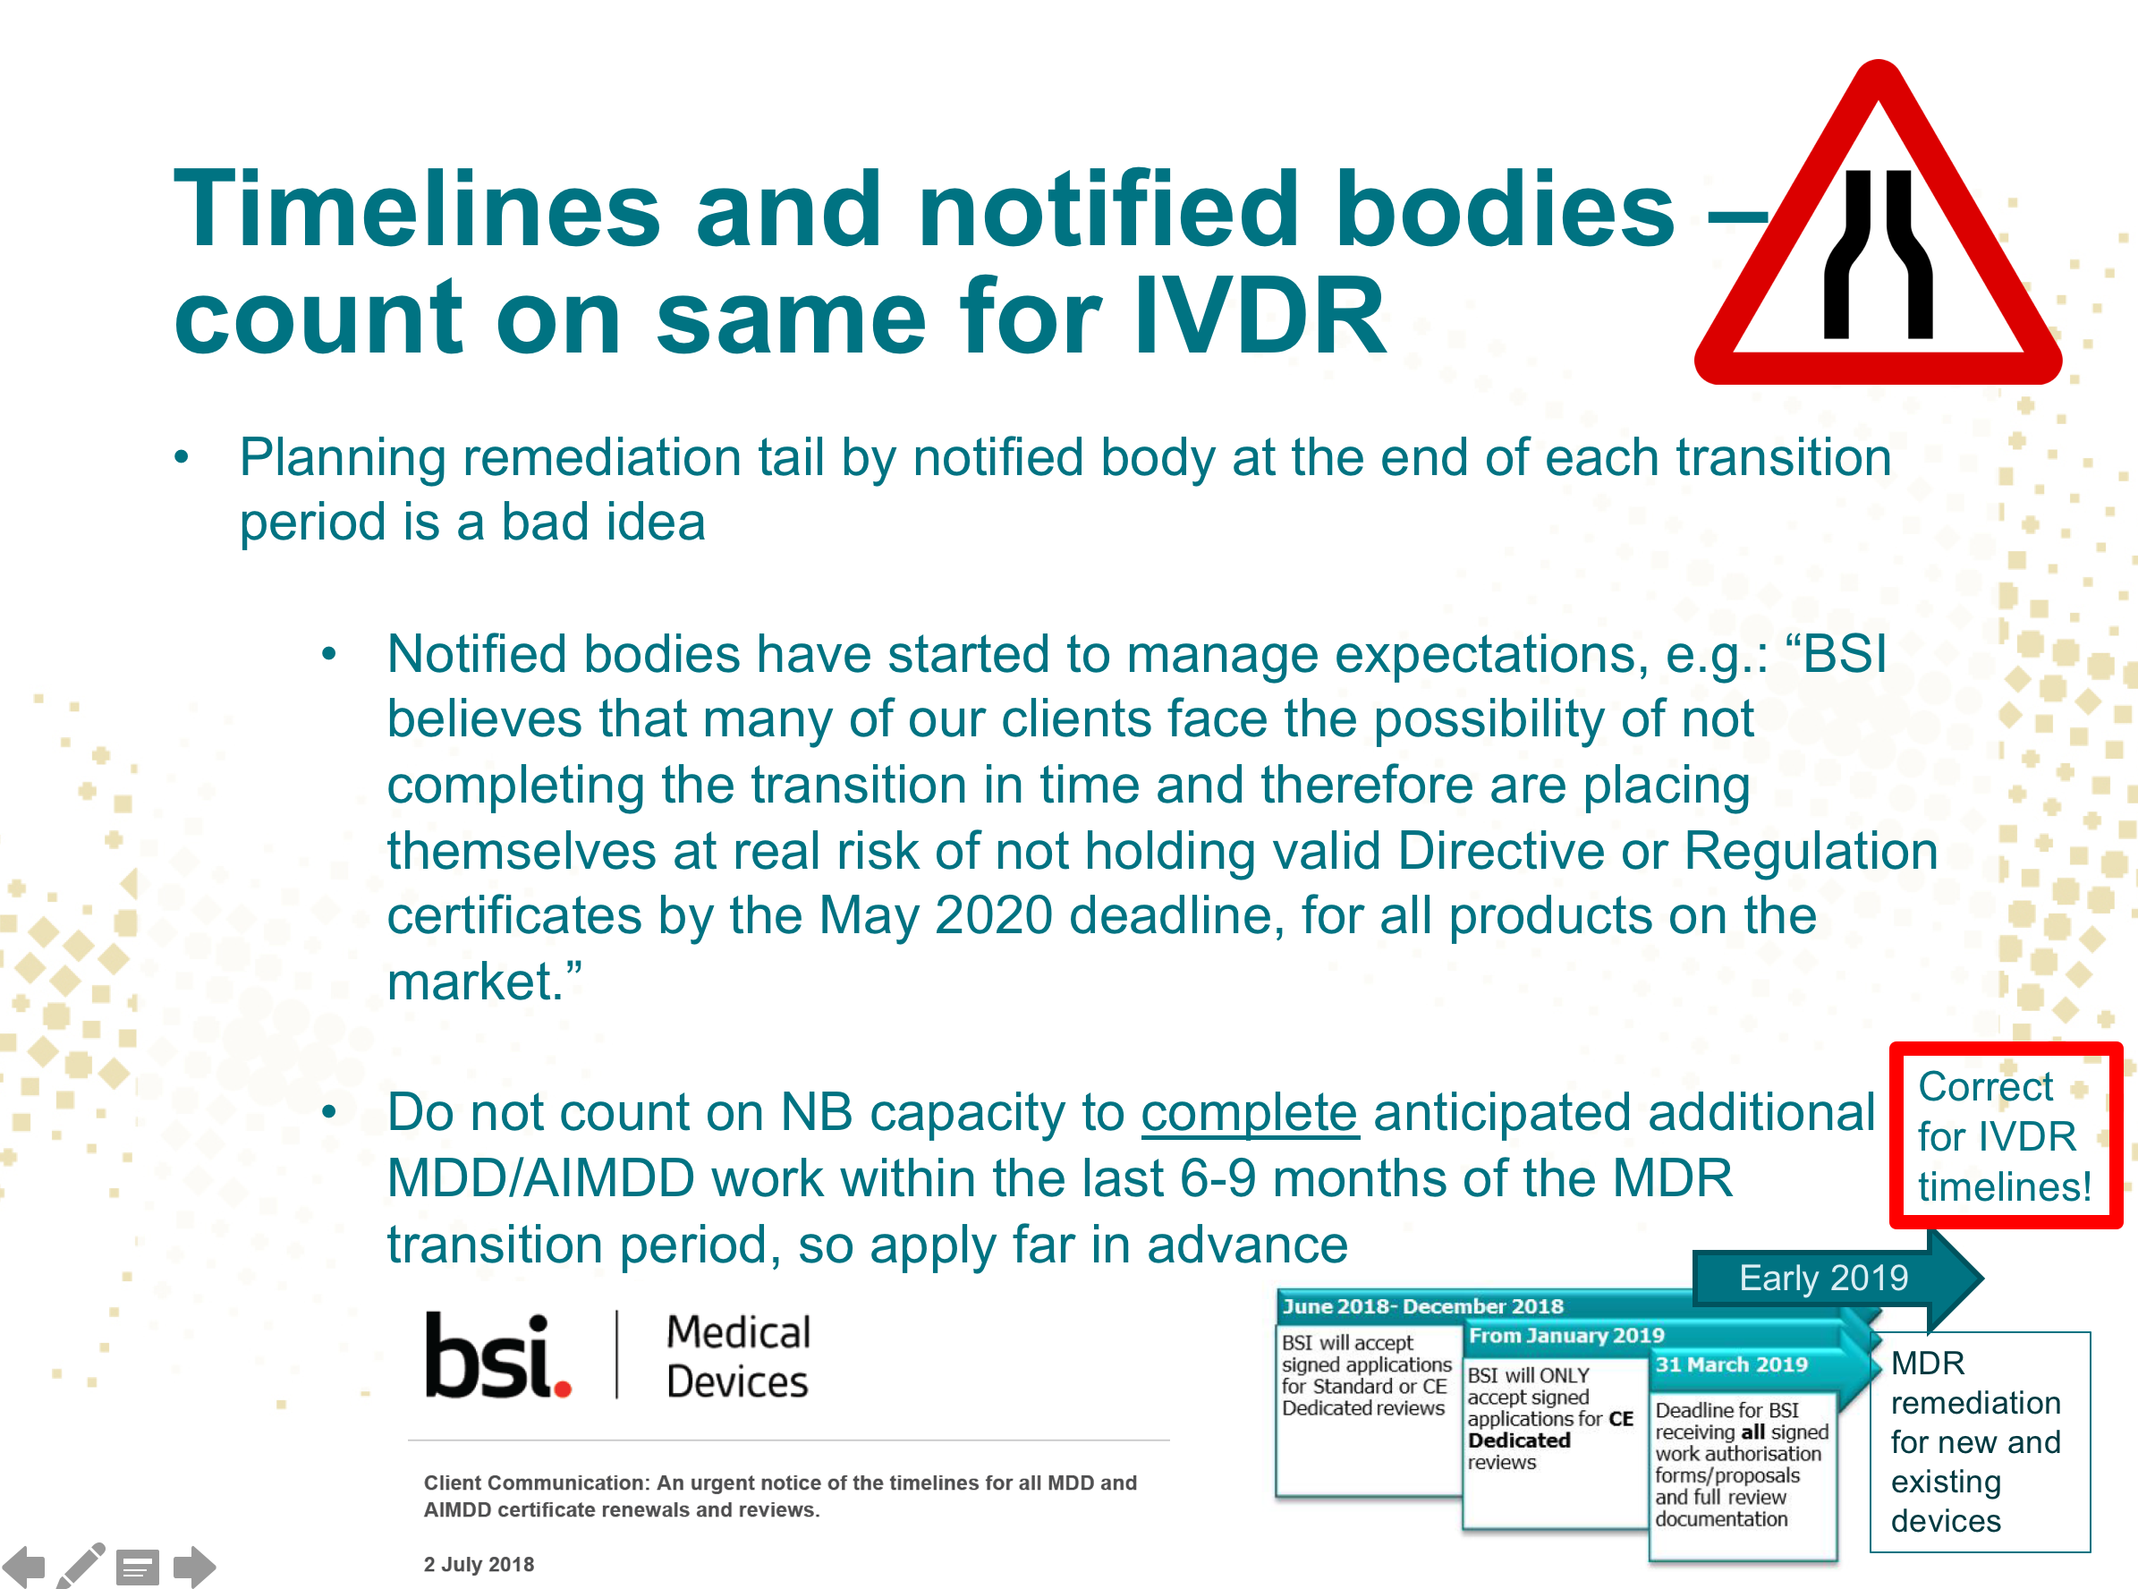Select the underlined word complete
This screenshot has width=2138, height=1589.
pyautogui.click(x=1250, y=1113)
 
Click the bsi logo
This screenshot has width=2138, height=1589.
pyautogui.click(x=498, y=1355)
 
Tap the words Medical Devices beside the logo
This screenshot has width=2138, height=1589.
pyautogui.click(x=739, y=1356)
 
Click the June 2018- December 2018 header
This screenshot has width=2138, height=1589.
pyautogui.click(x=1422, y=1306)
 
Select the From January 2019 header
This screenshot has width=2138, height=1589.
pyautogui.click(x=1565, y=1335)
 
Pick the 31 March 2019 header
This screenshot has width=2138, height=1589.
pyautogui.click(x=1731, y=1364)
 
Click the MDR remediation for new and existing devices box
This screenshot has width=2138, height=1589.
pyautogui.click(x=1980, y=1440)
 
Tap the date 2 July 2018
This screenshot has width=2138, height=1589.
pyautogui.click(x=478, y=1565)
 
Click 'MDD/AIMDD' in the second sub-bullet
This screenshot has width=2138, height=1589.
pyautogui.click(x=540, y=1178)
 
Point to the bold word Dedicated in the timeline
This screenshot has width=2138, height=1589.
pyautogui.click(x=1519, y=1440)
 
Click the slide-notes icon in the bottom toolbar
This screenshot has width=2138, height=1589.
pyautogui.click(x=138, y=1568)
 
